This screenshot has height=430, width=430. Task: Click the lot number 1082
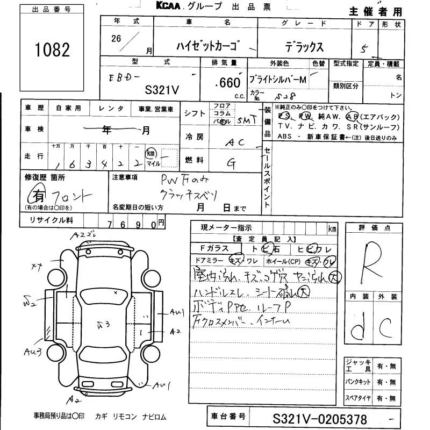click(53, 51)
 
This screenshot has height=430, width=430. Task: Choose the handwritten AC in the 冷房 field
click(235, 142)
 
